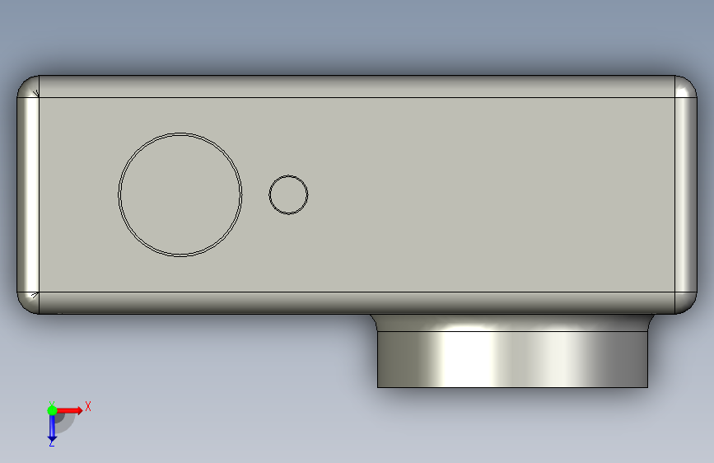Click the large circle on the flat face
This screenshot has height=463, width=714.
click(x=180, y=133)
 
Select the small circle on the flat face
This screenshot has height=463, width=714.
click(x=288, y=175)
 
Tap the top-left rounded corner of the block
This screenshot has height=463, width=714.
click(x=27, y=87)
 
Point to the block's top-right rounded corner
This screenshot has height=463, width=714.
click(x=686, y=87)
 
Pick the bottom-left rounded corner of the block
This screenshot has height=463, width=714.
click(x=27, y=303)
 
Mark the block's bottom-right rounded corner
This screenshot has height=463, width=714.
click(x=686, y=303)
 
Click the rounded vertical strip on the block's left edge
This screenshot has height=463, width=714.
click(x=28, y=194)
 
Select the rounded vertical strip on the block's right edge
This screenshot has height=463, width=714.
click(x=686, y=194)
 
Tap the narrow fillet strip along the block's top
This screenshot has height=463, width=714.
click(x=357, y=87)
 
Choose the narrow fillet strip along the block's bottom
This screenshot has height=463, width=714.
click(x=357, y=303)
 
